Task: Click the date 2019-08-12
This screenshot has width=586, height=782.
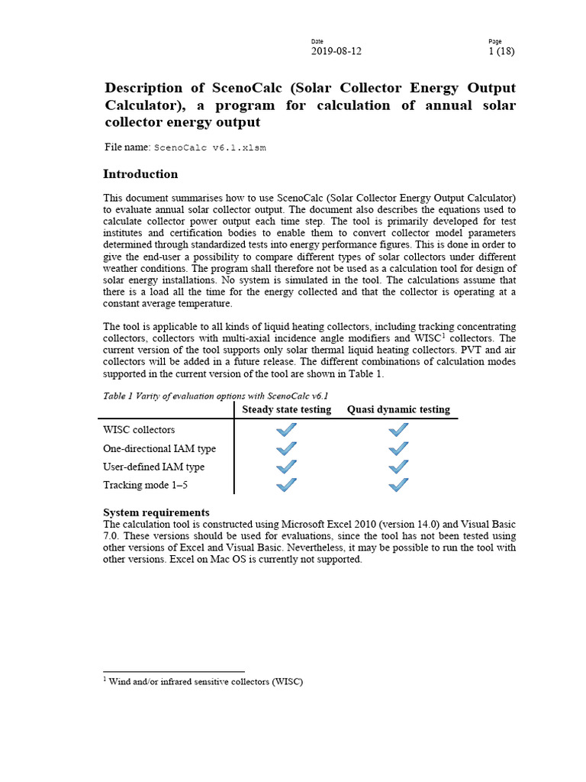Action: coord(336,51)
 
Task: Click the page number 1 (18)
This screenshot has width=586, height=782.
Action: coord(502,51)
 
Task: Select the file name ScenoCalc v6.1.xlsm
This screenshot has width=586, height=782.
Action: coord(210,147)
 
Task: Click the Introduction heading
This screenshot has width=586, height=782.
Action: coord(140,174)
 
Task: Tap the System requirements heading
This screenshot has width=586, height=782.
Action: coord(156,512)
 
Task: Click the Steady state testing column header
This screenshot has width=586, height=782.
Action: coord(286,409)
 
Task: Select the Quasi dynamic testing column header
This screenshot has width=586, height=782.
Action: coord(398,409)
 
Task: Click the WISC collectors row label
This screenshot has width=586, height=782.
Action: coord(139,430)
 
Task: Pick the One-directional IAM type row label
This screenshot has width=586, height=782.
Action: coord(159,448)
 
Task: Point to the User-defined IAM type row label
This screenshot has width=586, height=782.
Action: coord(153,467)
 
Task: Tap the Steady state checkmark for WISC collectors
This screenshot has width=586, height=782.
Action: coord(286,430)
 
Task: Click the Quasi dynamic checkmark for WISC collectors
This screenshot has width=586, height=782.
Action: coord(398,430)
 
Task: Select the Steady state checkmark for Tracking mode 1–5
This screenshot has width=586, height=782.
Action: coord(286,485)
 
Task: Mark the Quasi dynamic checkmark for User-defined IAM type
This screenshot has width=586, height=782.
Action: coord(398,467)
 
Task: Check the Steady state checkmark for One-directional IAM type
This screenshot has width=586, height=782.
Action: coord(286,448)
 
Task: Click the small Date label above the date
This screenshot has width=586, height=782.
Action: coord(317,40)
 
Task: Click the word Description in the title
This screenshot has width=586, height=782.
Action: coord(144,89)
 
